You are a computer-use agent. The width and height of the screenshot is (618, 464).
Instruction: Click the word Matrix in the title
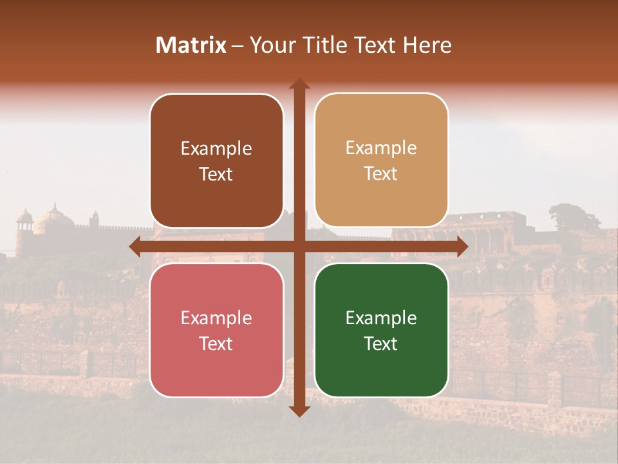pos(191,45)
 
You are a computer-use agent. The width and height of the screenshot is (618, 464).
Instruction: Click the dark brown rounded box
pos(216,161)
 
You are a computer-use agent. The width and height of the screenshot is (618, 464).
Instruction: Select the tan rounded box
pos(381,161)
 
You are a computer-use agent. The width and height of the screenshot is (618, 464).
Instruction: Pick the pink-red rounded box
pos(216,330)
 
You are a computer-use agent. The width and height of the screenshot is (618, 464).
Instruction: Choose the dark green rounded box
pos(381,330)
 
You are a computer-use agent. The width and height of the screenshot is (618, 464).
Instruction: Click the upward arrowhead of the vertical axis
pos(299,84)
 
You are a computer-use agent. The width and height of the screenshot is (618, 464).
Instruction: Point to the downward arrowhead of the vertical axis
pos(299,411)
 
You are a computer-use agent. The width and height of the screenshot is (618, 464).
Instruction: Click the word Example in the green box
pos(381,318)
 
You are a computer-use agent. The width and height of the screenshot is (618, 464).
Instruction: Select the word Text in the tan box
pos(381,174)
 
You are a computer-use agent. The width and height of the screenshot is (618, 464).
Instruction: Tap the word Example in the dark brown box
pos(216,149)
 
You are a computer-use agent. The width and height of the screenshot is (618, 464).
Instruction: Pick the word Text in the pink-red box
pos(216,343)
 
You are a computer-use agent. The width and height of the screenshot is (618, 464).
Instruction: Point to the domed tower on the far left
pos(24,222)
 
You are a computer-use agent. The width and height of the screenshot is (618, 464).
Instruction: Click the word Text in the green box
pos(381,343)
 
